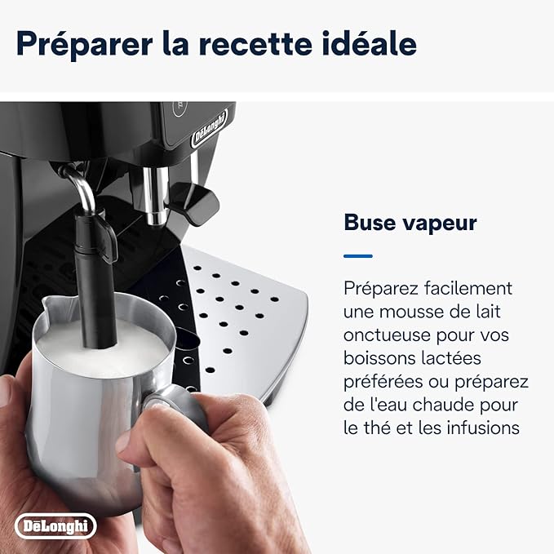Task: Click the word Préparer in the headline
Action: point(84,44)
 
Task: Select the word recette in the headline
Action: point(255,44)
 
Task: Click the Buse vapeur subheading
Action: point(410,223)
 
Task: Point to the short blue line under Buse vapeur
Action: point(358,256)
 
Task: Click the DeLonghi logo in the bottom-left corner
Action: point(55,525)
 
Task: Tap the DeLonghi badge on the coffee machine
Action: point(209,129)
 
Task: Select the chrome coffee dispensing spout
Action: point(156,195)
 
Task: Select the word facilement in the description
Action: point(468,288)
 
